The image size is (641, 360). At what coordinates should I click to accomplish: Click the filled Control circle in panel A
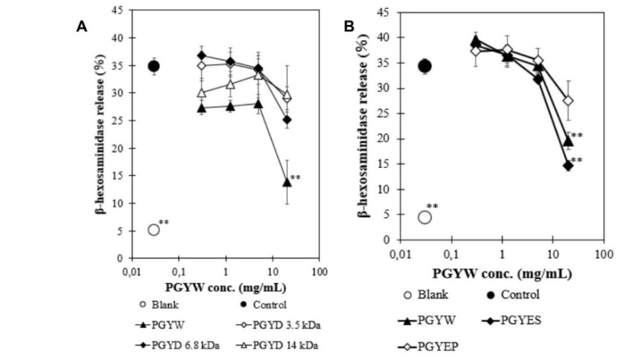(153, 66)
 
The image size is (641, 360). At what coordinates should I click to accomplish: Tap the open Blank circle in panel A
(153, 230)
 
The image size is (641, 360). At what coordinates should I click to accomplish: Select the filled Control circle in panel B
(425, 66)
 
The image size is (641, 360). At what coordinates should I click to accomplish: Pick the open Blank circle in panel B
(425, 217)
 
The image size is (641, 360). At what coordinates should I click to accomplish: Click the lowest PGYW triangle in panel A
(287, 182)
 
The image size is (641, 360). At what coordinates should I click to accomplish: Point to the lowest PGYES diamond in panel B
(568, 165)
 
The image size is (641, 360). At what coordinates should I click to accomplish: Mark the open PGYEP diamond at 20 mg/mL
(568, 101)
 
